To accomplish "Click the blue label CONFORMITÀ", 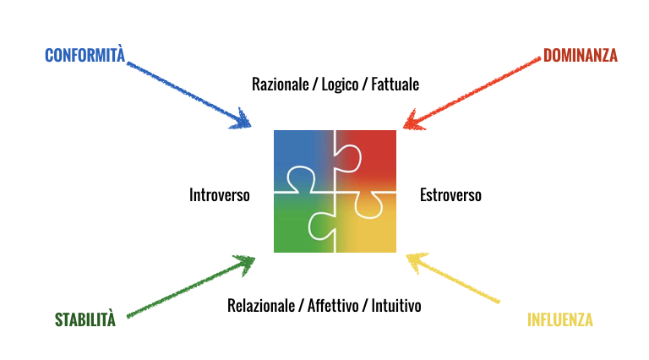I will point(85,56).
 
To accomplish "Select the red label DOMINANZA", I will point(580,56).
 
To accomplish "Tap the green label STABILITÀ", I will point(85,320).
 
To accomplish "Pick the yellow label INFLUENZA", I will point(559,320).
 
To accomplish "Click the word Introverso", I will point(220,195).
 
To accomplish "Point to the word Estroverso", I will point(450,195).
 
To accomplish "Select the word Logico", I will point(341,85).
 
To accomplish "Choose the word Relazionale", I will point(261,305).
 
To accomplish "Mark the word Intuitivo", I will point(396,305).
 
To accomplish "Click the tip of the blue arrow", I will point(250,128).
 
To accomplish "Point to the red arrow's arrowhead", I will point(405,128).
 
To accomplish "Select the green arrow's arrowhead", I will point(253,259).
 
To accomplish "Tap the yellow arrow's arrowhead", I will point(407,255).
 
